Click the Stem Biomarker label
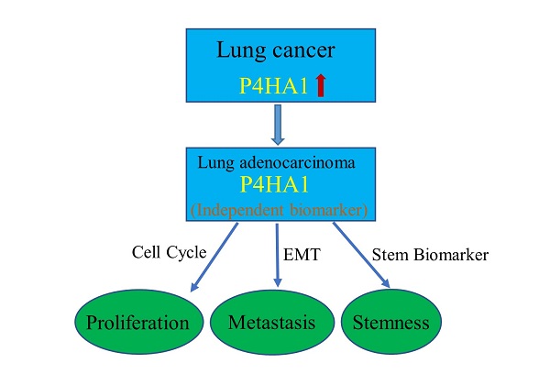click(x=430, y=256)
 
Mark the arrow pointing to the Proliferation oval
click(x=214, y=258)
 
